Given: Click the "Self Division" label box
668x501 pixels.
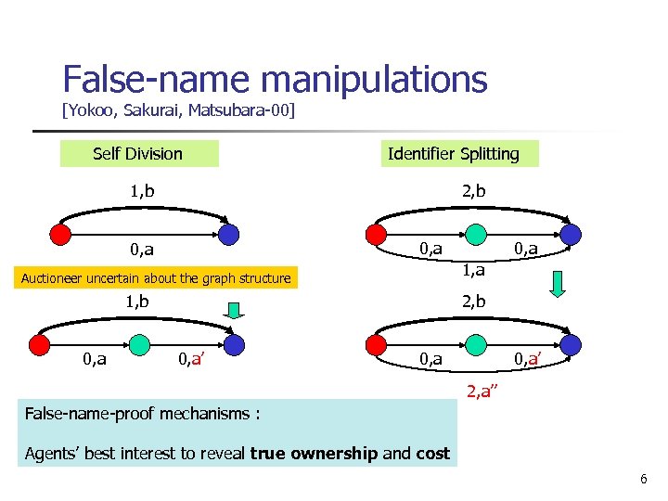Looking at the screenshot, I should coord(138,153).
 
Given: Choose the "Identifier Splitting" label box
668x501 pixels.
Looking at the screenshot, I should coord(454,153).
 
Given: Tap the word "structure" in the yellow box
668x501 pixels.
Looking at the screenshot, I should coord(261,278).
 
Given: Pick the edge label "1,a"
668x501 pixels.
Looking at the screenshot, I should coord(472,270).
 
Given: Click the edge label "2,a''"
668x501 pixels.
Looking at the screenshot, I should coord(480,392).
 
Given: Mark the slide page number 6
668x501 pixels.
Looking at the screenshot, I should coord(643,479).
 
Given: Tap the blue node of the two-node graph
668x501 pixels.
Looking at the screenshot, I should coord(228,234).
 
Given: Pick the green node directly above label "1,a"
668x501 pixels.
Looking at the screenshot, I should coord(475,233).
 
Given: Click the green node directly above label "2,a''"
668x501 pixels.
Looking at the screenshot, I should coord(475,344).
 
